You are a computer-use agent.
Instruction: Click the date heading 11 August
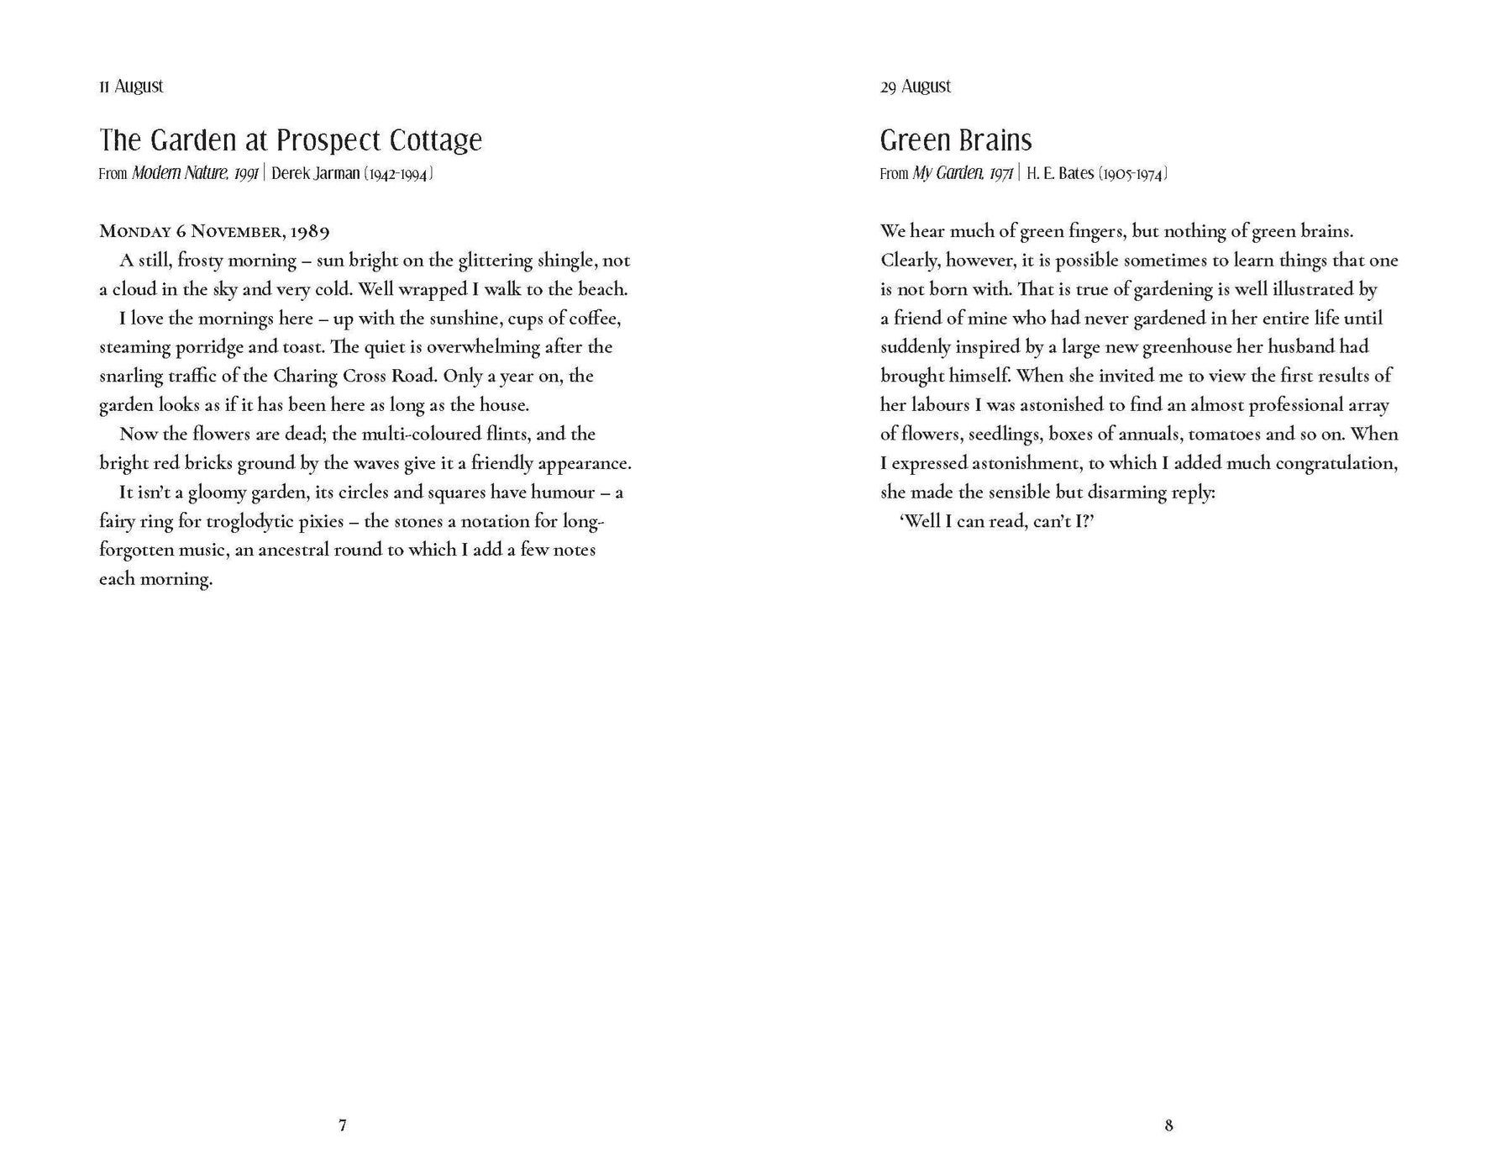tap(131, 87)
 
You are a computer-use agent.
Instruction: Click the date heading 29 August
tap(916, 87)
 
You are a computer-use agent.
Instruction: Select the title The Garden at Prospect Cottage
tap(291, 140)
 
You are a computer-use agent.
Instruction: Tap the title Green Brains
tap(956, 140)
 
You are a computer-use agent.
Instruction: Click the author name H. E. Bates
tap(1060, 174)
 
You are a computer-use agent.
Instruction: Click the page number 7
tap(343, 1125)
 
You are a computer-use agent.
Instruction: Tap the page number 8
tap(1168, 1125)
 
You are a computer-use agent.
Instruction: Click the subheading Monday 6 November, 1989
tap(214, 231)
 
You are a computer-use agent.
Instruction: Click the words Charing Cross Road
tap(353, 376)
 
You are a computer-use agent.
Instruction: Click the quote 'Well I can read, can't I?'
tap(996, 521)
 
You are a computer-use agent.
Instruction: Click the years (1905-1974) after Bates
tap(1133, 174)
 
